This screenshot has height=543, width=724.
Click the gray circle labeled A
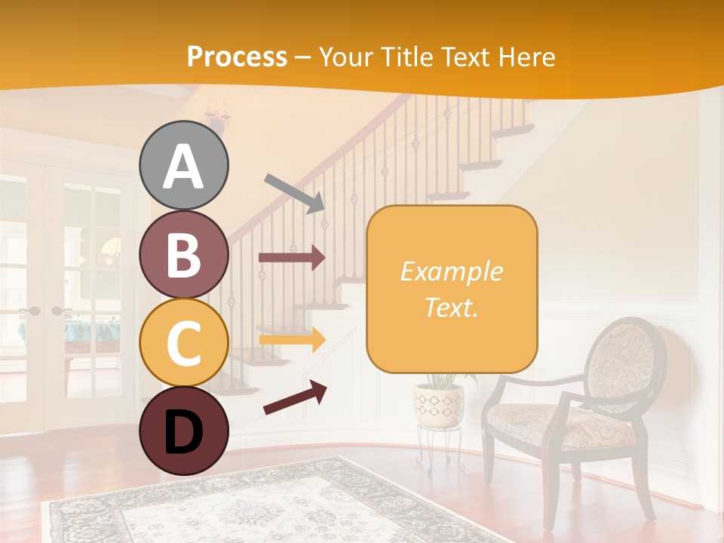184,165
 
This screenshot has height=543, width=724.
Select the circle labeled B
184,254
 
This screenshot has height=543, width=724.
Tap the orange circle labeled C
184,342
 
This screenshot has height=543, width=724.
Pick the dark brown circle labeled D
184,431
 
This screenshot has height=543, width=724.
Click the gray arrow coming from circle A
294,192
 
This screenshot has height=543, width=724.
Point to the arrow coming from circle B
291,257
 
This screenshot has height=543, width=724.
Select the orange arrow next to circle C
291,339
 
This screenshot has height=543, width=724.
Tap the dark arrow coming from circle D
294,398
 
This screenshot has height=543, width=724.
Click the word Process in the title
237,57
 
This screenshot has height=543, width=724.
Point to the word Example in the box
451,271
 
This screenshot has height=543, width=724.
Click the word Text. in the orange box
451,307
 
